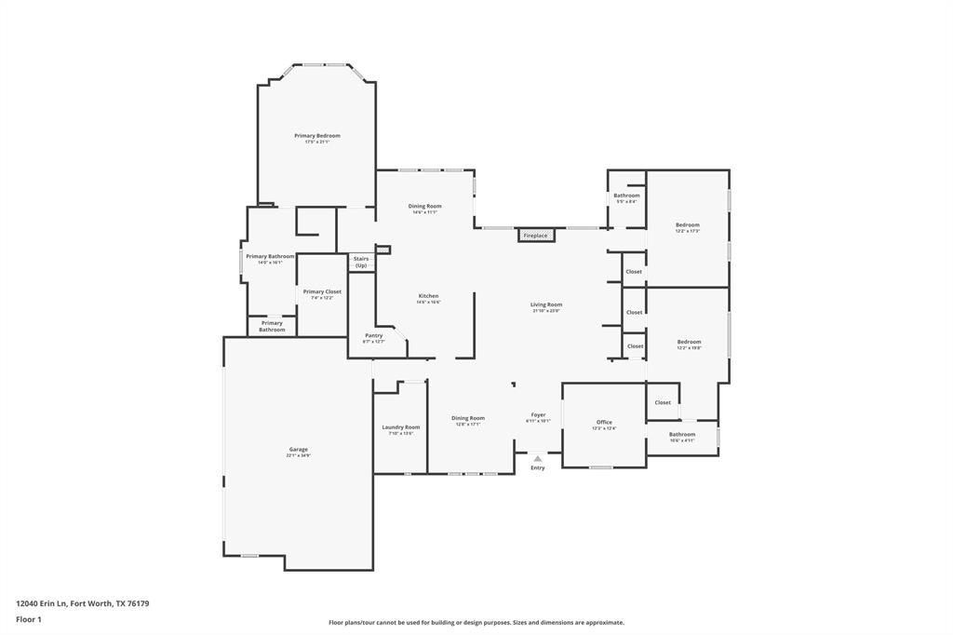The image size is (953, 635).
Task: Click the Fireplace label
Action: (535, 236)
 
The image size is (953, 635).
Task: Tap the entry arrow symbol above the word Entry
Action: (537, 458)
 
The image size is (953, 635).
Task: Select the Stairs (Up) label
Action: (361, 262)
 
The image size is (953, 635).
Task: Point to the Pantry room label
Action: (373, 335)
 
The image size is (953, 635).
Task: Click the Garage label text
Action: (298, 449)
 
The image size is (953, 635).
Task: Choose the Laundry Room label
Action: (400, 426)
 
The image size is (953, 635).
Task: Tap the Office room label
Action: (604, 422)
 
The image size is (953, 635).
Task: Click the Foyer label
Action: (538, 414)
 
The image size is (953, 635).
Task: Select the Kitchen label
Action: (428, 296)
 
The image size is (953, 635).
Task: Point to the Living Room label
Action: (546, 304)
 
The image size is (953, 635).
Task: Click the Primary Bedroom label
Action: (317, 136)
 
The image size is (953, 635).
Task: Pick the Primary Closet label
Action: (322, 291)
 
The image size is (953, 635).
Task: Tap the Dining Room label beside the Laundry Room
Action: (468, 418)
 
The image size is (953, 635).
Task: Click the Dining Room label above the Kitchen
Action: (424, 206)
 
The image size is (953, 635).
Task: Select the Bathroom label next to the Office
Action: (681, 434)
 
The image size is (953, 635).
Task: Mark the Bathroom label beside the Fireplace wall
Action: (626, 196)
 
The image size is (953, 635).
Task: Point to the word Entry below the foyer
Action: (538, 467)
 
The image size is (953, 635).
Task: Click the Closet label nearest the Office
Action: (663, 402)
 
